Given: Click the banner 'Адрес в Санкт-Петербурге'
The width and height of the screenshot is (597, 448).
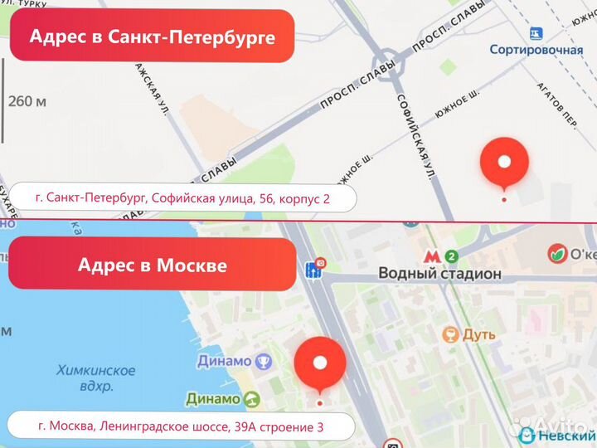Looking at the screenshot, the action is [x=152, y=37].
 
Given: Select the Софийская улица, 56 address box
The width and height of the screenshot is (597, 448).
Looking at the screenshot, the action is [x=183, y=199].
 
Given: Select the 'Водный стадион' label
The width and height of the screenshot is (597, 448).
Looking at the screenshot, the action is [x=439, y=273].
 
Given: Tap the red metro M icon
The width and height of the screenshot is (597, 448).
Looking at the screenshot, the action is [x=431, y=256].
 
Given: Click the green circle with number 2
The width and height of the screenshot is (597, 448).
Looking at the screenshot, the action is [x=452, y=256].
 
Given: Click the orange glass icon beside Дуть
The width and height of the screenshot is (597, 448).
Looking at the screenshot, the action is [x=450, y=334].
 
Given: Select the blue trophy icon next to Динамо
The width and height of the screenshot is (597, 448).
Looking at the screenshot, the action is [x=264, y=361].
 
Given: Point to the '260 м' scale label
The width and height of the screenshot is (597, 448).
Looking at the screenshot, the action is [x=27, y=102].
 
